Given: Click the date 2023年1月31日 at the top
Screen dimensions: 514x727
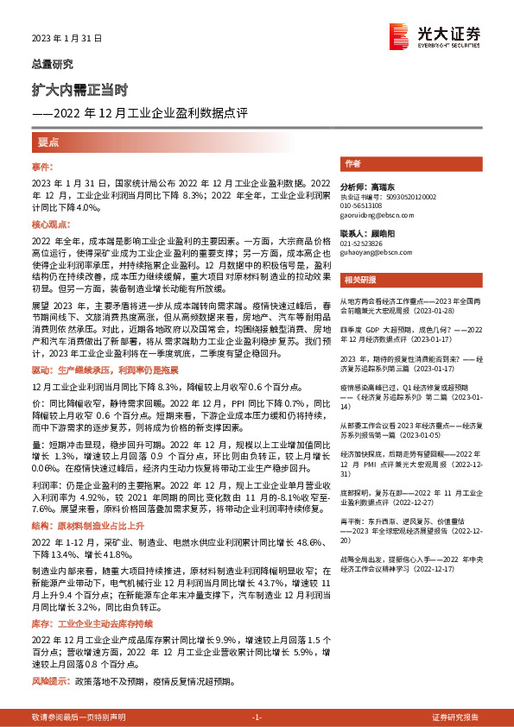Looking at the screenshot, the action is coord(67,39).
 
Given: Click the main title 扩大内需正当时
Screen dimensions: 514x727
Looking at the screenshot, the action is coord(80,89).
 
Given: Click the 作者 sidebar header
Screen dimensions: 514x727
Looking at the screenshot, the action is coord(352,163).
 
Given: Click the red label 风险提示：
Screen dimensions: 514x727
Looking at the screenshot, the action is coord(50,681).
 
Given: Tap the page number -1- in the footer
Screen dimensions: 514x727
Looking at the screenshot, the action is coord(257,718).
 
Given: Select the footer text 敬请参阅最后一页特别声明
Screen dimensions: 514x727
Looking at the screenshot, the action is coord(78,718).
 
